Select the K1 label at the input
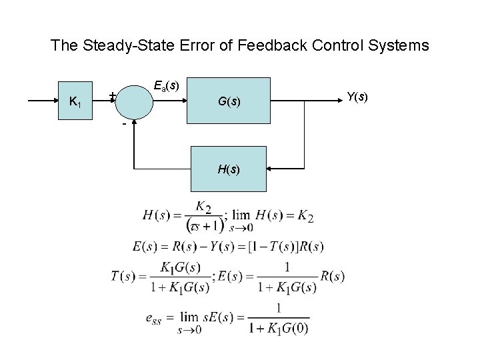[x=76, y=102]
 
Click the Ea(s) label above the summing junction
[x=165, y=86]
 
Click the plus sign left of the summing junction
[x=113, y=95]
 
